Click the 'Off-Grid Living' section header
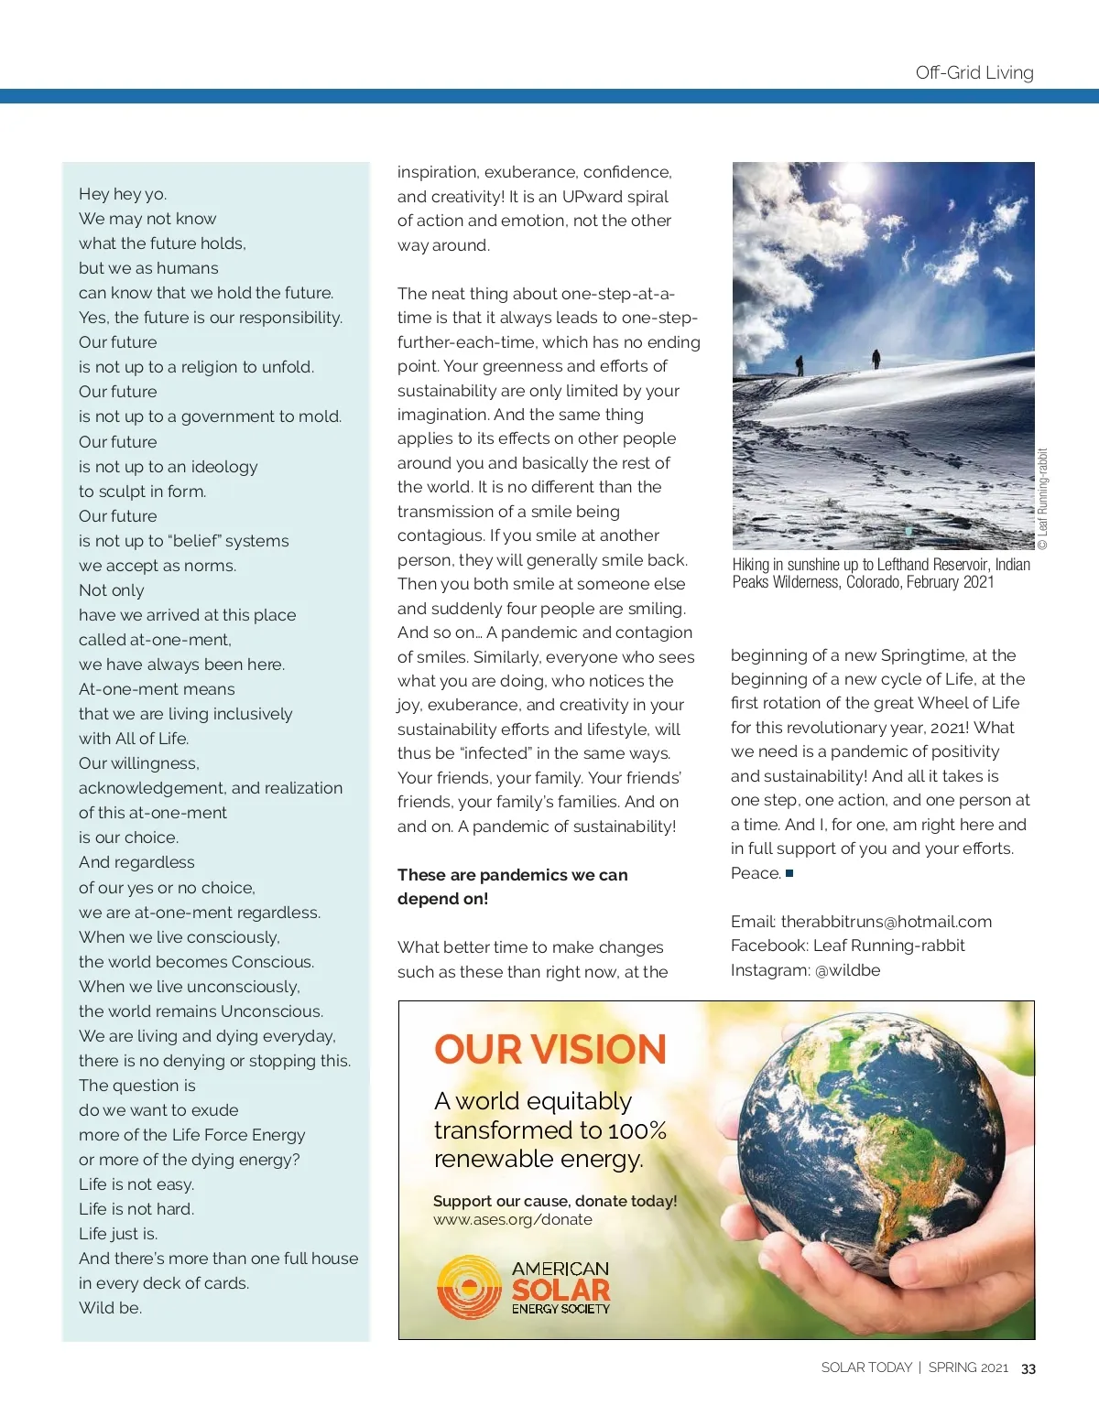974,72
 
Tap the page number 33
1028,1368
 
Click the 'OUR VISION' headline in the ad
549,1049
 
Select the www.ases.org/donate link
513,1219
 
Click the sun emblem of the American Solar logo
469,1287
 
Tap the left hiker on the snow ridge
800,364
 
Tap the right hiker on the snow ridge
876,358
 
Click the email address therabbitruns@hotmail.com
886,922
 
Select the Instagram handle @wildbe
847,970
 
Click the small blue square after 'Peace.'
789,873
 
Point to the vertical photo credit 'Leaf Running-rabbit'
1042,499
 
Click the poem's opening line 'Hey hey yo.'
123,194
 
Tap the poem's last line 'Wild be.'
110,1308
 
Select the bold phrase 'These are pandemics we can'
512,875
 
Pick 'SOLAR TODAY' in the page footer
866,1367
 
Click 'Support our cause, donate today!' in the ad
555,1201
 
